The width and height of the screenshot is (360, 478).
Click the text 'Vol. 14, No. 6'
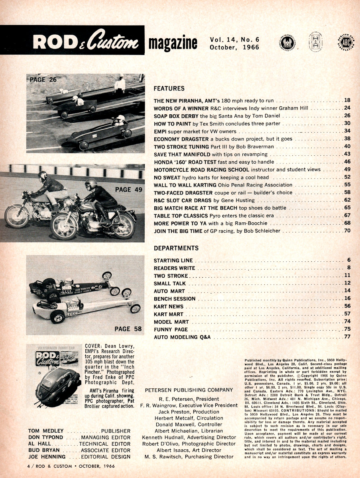coord(234,40)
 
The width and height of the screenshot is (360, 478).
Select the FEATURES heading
coord(169,88)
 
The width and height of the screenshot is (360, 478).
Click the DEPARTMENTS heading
coord(176,248)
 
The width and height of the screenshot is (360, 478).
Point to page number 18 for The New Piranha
coord(347,101)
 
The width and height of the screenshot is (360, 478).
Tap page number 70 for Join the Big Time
coord(347,231)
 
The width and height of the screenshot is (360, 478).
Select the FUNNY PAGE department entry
coord(171,330)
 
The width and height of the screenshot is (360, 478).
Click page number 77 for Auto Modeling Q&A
coord(347,337)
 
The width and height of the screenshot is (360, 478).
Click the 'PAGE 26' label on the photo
coord(43,80)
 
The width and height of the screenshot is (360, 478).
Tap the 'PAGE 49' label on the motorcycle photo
coord(128,190)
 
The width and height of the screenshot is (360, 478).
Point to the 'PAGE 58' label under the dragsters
coord(128,329)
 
